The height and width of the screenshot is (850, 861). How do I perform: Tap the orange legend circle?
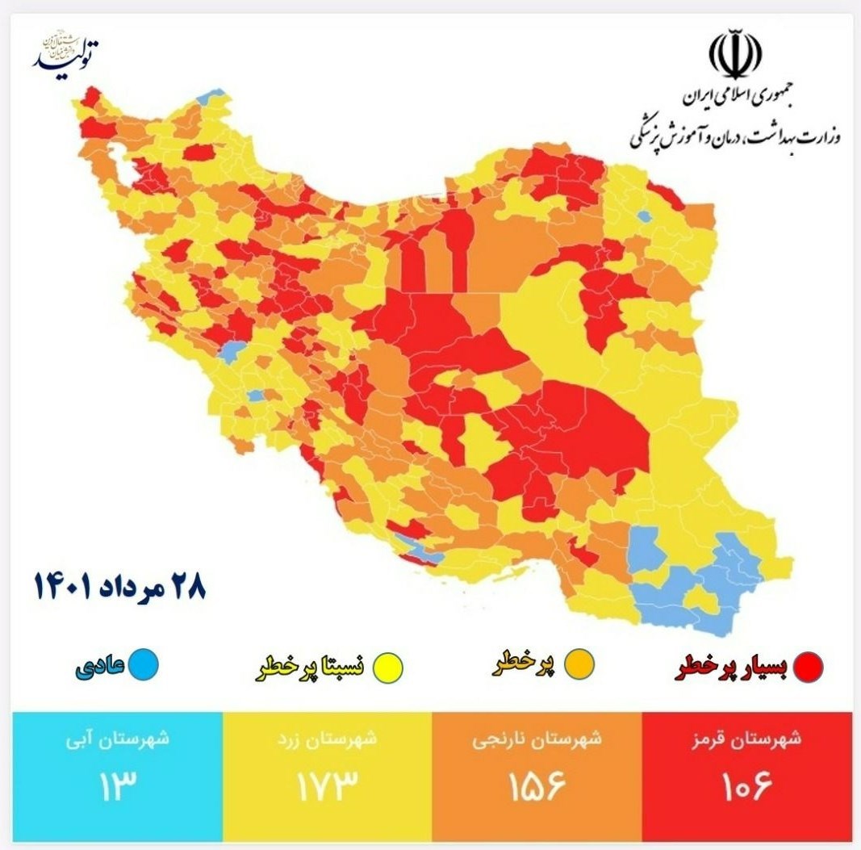point(580,664)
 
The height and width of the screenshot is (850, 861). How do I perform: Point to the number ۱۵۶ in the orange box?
point(537,784)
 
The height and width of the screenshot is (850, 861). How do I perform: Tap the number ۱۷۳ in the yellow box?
point(325,784)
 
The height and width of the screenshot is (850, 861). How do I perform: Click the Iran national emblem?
point(735,53)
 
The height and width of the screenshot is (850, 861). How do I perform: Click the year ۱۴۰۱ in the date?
point(66,585)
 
